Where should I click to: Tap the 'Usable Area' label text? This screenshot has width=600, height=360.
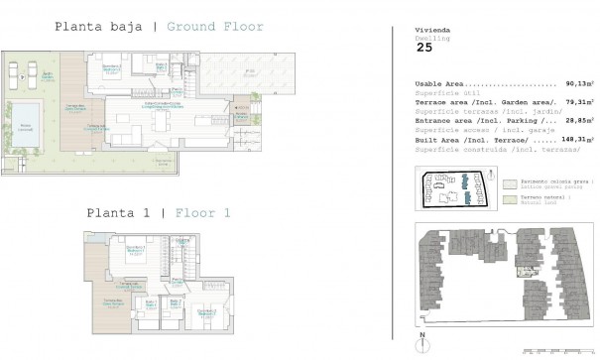[x=443, y=84]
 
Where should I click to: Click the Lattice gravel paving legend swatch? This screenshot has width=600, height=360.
[x=508, y=184]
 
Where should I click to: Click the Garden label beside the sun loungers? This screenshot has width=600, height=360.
[x=48, y=74]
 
